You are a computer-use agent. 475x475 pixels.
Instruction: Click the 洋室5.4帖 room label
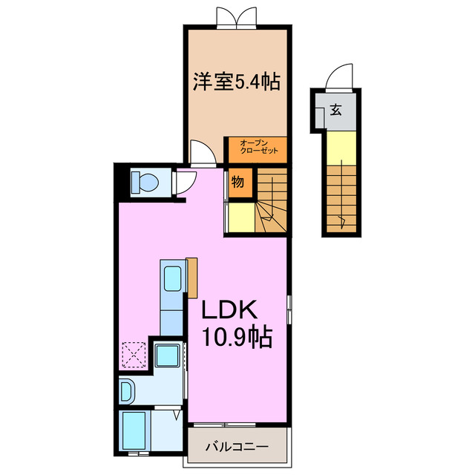236,82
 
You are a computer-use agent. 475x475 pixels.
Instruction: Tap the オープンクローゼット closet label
256,148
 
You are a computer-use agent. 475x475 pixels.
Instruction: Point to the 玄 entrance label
335,111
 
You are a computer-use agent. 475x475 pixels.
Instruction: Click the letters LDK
226,309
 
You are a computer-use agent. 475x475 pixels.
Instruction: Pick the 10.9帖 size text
236,338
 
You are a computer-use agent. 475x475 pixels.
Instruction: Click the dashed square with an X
134,354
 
